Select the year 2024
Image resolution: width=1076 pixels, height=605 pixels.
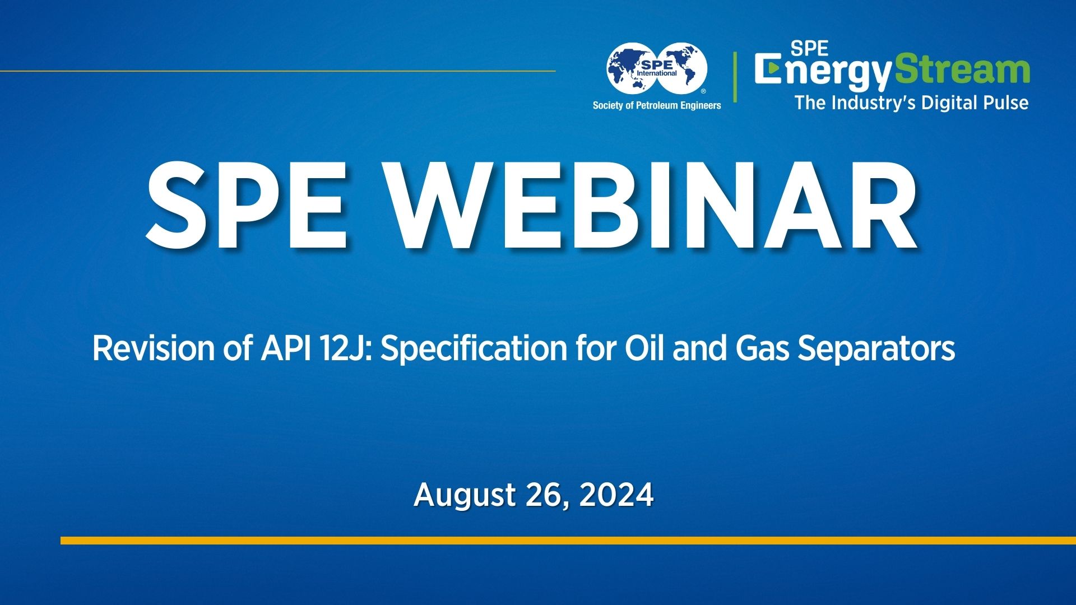coord(616,495)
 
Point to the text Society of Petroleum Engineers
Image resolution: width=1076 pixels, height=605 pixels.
coord(657,105)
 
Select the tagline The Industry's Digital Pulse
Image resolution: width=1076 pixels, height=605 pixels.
coord(911,103)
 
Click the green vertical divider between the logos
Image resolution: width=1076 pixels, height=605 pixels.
coord(735,77)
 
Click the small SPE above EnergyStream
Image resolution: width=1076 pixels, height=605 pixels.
coord(809,49)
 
